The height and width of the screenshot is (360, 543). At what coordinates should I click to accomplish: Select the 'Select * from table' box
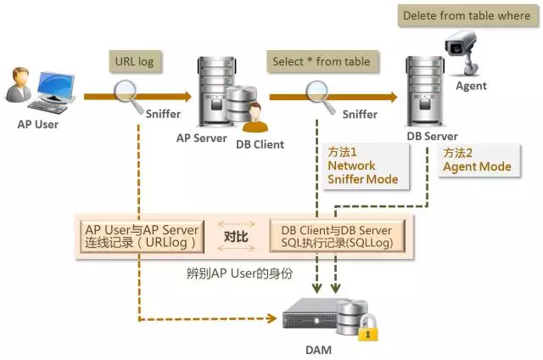[x=322, y=61]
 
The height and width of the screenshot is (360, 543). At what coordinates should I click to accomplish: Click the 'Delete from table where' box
[x=465, y=15]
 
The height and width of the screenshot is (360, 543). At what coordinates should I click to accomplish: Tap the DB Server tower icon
[x=424, y=91]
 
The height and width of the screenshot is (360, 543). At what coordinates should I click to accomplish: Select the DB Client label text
[x=260, y=144]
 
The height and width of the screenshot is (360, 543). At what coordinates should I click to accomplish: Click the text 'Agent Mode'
[x=477, y=166]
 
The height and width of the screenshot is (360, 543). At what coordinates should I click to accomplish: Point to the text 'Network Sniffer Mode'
[x=362, y=166]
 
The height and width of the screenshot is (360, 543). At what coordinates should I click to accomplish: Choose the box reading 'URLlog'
[x=142, y=236]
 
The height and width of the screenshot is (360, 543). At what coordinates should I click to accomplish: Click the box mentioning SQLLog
[x=336, y=236]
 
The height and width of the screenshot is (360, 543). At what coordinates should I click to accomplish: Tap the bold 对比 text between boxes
[x=236, y=236]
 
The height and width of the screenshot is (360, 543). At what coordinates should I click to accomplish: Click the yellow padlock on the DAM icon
[x=367, y=329]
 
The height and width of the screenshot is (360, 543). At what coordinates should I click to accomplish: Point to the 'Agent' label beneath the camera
[x=472, y=87]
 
